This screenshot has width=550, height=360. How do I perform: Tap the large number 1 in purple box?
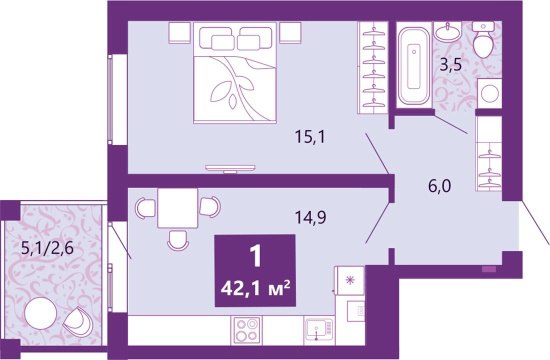point(255,256)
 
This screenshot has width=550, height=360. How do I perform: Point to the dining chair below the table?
point(177,240)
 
